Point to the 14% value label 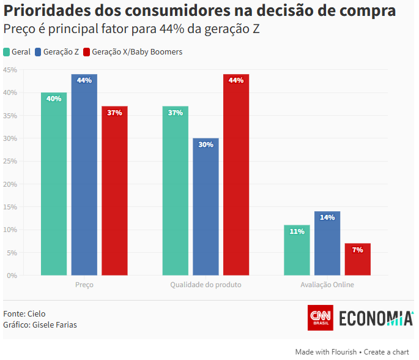327,217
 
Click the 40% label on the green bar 54,99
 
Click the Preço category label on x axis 84,285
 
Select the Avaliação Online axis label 327,285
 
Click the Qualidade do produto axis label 206,285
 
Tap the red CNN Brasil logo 320,318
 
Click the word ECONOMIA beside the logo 376,318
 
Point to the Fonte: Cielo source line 24,313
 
